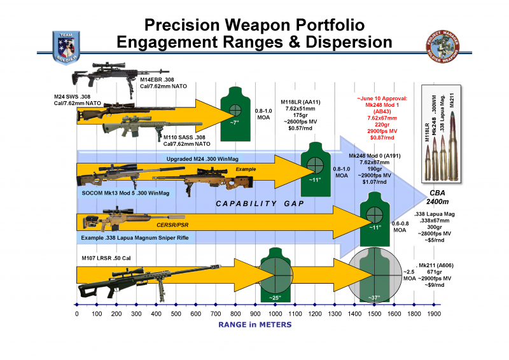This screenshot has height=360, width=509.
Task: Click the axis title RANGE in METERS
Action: [254, 325]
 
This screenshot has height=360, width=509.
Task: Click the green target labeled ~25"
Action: [275, 275]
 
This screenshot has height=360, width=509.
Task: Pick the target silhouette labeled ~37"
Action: [375, 275]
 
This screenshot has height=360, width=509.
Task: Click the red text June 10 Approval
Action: [381, 99]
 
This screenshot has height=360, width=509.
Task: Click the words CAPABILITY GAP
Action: [257, 204]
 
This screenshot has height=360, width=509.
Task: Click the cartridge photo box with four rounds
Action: [438, 135]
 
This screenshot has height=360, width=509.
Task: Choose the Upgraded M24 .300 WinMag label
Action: [205, 158]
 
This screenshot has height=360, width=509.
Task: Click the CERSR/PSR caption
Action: [168, 224]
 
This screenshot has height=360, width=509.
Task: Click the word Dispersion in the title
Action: [334, 43]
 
